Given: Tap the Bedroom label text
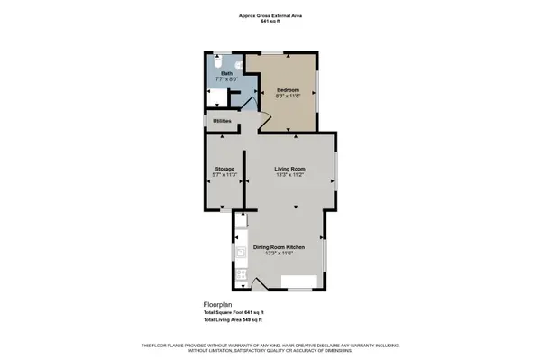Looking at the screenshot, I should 288,89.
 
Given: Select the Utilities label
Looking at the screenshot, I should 222,120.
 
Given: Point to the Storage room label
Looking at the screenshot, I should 224,169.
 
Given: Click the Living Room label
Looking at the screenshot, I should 290,169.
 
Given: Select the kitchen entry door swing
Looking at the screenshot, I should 258,286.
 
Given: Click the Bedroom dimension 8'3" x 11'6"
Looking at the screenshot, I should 288,97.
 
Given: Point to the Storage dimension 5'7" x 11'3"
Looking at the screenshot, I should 224,176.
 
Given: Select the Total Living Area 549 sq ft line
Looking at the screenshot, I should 233,320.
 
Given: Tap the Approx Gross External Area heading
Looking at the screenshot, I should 270,15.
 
